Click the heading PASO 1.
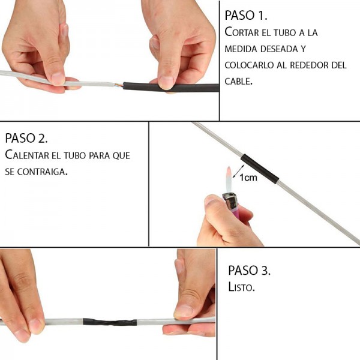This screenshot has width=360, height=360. (x=246, y=16)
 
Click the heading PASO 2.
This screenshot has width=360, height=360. (x=26, y=138)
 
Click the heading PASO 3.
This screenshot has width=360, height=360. (x=250, y=270)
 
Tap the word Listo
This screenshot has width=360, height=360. (x=241, y=287)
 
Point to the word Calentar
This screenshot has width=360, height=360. (x=27, y=155)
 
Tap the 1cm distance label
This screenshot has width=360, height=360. (x=248, y=178)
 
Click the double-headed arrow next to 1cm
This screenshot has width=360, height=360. (x=239, y=171)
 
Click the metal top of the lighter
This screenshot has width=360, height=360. (x=230, y=200)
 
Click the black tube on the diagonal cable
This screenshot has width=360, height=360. (x=260, y=169)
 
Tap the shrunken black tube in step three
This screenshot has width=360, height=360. (x=110, y=322)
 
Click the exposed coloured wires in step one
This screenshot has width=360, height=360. (x=119, y=85)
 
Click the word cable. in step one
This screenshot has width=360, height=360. (x=239, y=81)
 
